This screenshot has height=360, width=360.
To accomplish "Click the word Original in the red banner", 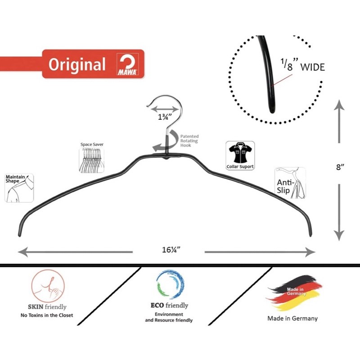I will coord(77,64).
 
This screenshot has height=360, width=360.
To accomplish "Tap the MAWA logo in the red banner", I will coord(128,64).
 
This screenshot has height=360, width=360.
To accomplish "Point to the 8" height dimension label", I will coord(340,167).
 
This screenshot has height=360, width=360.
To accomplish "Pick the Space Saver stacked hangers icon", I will coord(92,158).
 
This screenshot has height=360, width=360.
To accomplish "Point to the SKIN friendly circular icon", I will coord(48,285).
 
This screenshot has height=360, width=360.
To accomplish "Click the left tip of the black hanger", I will coord(19,233).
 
